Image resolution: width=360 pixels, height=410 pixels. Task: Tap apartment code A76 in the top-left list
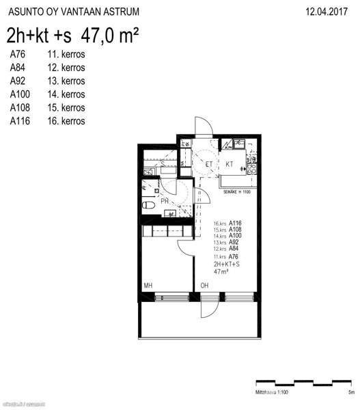coord(18,53)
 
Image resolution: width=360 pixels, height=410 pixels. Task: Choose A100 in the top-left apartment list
coord(21,94)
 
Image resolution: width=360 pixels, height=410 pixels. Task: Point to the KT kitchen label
coord(230,165)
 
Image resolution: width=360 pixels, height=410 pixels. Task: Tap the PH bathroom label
coord(165,201)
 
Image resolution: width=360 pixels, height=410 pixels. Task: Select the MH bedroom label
coord(148,285)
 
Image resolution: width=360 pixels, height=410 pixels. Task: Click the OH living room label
coord(204,285)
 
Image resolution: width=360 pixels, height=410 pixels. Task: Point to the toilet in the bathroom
coord(148,204)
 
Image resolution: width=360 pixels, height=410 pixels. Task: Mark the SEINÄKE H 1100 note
coord(237,192)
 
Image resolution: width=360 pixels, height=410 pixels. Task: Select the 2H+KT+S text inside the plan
coord(226,263)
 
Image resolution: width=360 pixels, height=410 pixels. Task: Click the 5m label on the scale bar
coord(350,393)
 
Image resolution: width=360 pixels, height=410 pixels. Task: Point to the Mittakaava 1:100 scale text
coord(272,393)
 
